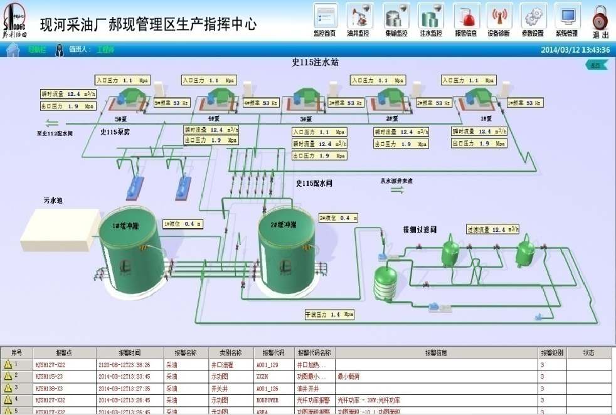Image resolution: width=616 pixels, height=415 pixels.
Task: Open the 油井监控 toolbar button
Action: click(x=358, y=18)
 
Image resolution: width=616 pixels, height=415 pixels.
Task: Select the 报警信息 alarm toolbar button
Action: click(x=465, y=18)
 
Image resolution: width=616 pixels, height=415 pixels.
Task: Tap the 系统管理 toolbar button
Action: click(x=567, y=18)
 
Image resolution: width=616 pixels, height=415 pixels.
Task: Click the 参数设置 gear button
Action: click(x=533, y=18)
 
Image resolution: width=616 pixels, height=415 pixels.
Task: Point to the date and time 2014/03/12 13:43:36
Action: click(x=575, y=50)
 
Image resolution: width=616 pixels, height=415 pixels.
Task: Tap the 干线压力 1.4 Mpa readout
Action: click(x=329, y=313)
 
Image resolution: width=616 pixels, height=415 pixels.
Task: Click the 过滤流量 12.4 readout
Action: click(x=493, y=229)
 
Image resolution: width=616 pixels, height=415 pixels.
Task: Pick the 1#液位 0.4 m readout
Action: click(x=183, y=224)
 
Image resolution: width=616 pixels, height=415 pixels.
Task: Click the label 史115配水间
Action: click(x=314, y=184)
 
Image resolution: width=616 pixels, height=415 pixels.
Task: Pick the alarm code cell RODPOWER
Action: click(x=270, y=400)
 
